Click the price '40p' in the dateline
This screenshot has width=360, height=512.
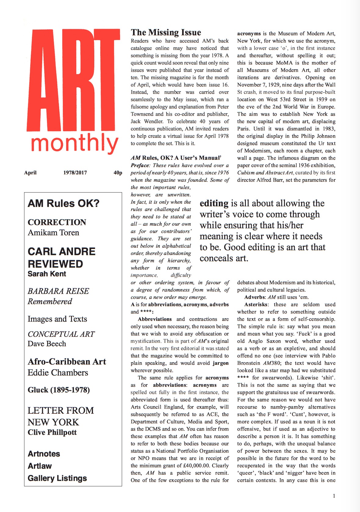pos(118,173)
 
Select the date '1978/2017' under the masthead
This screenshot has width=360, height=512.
pos(75,173)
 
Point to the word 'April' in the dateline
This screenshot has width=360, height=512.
pos(30,173)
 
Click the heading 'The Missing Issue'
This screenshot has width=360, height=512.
pos(166,32)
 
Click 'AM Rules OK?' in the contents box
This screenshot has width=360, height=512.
pos(63,204)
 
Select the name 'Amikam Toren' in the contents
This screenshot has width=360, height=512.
pos(53,233)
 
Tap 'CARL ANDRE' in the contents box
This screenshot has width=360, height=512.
pos(61,251)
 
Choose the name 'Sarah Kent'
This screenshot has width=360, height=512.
pos(47,274)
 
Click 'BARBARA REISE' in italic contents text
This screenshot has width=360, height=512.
pos(58,291)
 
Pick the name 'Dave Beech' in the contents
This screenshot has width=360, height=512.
pos(47,344)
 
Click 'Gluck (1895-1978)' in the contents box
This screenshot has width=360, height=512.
pos(59,390)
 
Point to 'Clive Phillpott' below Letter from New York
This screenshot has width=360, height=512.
pos(52,432)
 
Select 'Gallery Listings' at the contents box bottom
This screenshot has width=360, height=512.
pos(57,478)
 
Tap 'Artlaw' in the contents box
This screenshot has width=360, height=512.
pos(40,466)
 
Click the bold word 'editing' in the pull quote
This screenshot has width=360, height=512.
pos(214,204)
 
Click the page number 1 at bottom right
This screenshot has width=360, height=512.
pos(334,496)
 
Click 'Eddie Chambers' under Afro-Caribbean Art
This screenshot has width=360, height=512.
pos(58,373)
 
